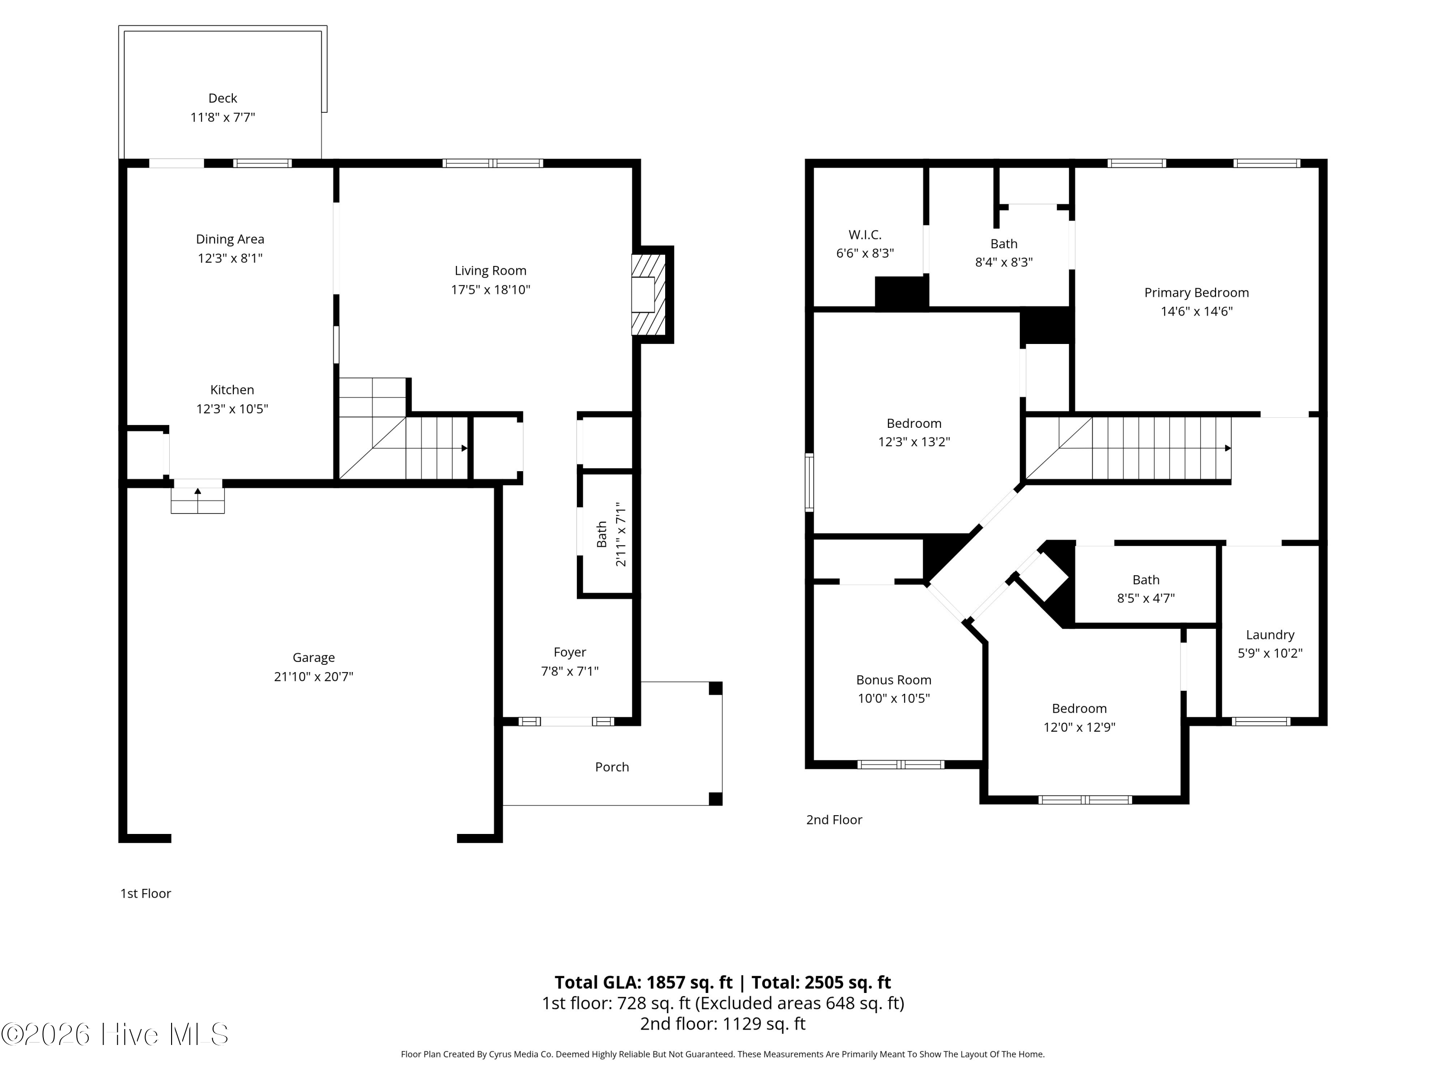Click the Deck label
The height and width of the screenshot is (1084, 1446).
click(x=222, y=98)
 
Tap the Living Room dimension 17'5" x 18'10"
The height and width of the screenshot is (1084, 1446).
click(x=490, y=290)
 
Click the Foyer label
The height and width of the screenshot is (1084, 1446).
click(x=569, y=652)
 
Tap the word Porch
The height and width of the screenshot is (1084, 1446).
click(x=612, y=767)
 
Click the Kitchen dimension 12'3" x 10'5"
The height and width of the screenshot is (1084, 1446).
click(x=232, y=409)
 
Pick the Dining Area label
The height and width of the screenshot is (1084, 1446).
click(x=230, y=239)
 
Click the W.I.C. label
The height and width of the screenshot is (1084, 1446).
click(x=865, y=235)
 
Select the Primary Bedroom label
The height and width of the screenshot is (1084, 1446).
click(x=1196, y=293)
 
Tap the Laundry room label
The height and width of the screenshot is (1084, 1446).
click(x=1270, y=635)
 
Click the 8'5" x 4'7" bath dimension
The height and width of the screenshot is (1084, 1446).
click(x=1146, y=598)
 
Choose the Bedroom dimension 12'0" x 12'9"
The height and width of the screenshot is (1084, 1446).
click(x=1079, y=727)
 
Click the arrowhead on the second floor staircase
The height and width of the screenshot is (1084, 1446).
click(x=1228, y=448)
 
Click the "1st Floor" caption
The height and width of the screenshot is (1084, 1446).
click(x=145, y=893)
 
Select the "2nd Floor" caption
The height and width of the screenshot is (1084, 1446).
click(x=834, y=820)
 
